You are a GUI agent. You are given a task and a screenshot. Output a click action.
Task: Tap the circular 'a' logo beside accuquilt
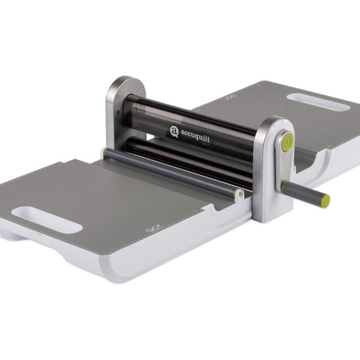click(174, 130)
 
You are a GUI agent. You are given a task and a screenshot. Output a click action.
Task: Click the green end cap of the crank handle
click(325, 200)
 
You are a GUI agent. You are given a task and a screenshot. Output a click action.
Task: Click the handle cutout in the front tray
click(46, 220)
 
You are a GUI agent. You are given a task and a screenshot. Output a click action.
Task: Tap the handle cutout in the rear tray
click(317, 101)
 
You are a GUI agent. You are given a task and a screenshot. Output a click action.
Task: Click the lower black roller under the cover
click(180, 157)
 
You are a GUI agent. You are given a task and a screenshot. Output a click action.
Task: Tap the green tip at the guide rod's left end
click(104, 153)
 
